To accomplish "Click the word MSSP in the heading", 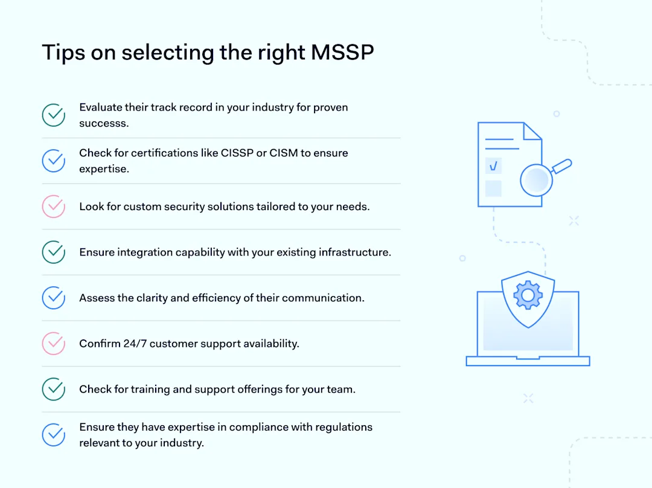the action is click(342, 53).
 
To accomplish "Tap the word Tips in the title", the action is click(63, 53).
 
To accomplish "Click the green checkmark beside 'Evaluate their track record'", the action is click(54, 115).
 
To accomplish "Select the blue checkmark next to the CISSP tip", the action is click(54, 161).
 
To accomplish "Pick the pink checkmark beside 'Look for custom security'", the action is click(54, 207).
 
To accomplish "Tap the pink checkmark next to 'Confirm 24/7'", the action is click(54, 344).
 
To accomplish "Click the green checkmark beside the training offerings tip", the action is click(54, 390).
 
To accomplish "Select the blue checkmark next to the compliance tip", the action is click(54, 435).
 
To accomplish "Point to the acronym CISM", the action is click(284, 153).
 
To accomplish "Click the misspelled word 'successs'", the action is click(104, 123).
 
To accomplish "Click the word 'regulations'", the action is click(344, 427).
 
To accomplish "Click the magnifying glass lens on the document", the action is click(536, 180).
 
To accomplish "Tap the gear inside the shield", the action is click(528, 294).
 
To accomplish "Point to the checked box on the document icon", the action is click(494, 165).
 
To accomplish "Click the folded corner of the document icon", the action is click(532, 132).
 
